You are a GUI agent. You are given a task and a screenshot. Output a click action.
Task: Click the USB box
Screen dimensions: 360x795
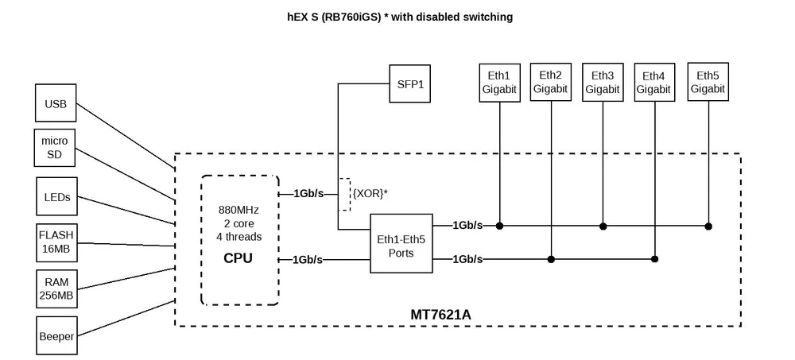(56, 104)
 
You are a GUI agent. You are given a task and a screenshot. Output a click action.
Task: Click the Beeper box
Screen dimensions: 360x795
(56, 336)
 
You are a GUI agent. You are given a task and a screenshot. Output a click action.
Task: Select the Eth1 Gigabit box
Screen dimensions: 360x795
(499, 83)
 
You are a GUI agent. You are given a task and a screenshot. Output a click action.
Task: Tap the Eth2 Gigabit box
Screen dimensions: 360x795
(550, 82)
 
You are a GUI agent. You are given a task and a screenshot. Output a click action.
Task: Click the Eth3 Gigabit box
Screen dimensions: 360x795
(602, 83)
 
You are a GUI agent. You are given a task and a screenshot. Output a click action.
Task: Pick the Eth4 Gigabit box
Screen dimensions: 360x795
(654, 83)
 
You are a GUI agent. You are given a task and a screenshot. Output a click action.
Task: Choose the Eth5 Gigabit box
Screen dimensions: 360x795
(708, 82)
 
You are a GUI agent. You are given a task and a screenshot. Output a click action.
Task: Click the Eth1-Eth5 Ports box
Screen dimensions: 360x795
(402, 243)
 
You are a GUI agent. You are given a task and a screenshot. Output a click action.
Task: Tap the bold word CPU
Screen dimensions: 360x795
(238, 257)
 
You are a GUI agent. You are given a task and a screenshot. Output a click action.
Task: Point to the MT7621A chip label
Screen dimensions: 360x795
(440, 315)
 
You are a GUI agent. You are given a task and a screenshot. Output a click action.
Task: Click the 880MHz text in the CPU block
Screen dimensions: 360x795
(238, 210)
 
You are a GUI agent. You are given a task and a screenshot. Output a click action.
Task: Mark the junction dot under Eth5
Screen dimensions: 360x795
(708, 226)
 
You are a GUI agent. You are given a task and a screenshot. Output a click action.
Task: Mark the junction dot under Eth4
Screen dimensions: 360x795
(654, 259)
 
